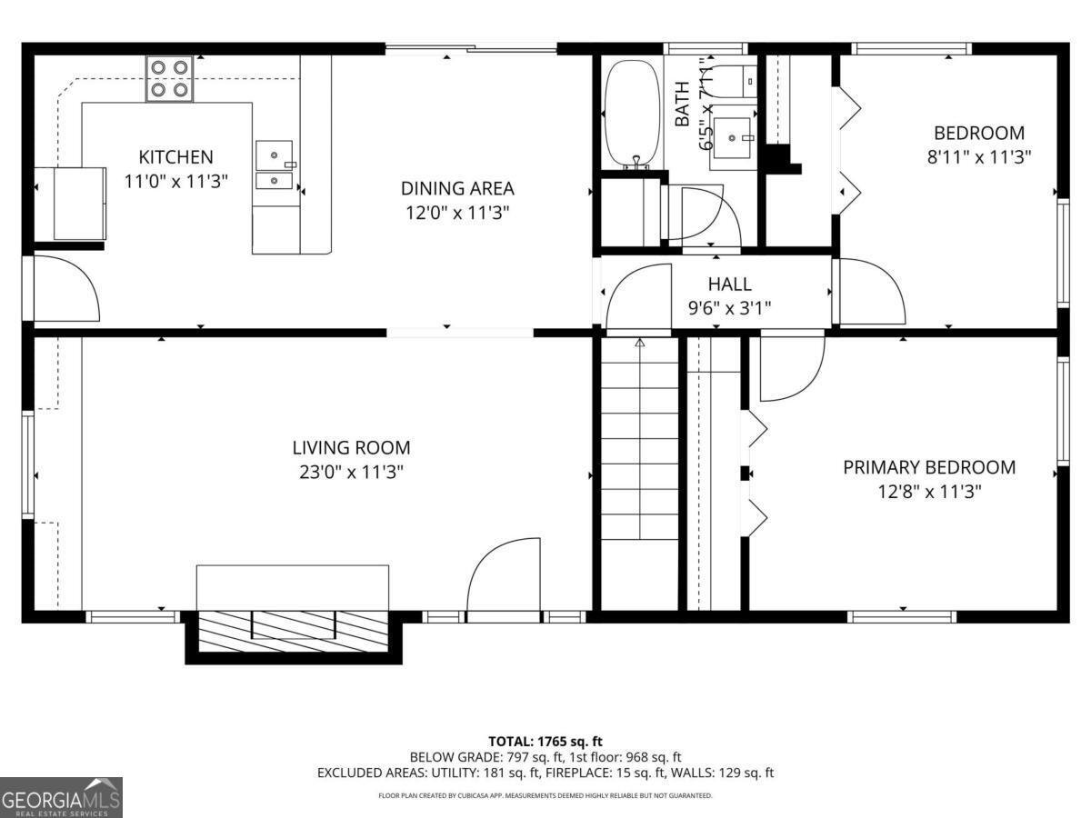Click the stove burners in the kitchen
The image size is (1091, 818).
pyautogui.click(x=171, y=78)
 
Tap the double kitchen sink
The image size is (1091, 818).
pyautogui.click(x=274, y=167)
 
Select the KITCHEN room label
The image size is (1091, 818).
pyautogui.click(x=175, y=157)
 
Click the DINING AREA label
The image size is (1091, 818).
pyautogui.click(x=457, y=189)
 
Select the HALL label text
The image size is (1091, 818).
pyautogui.click(x=730, y=284)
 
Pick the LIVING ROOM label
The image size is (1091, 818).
pyautogui.click(x=351, y=448)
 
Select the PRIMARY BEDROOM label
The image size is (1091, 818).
pyautogui.click(x=929, y=468)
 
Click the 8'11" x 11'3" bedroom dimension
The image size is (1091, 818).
pyautogui.click(x=978, y=156)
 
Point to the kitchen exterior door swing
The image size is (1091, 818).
pyautogui.click(x=65, y=288)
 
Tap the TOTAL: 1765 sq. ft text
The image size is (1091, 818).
pyautogui.click(x=545, y=741)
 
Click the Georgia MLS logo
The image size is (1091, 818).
pyautogui.click(x=61, y=797)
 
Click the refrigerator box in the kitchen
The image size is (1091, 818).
pyautogui.click(x=80, y=203)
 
